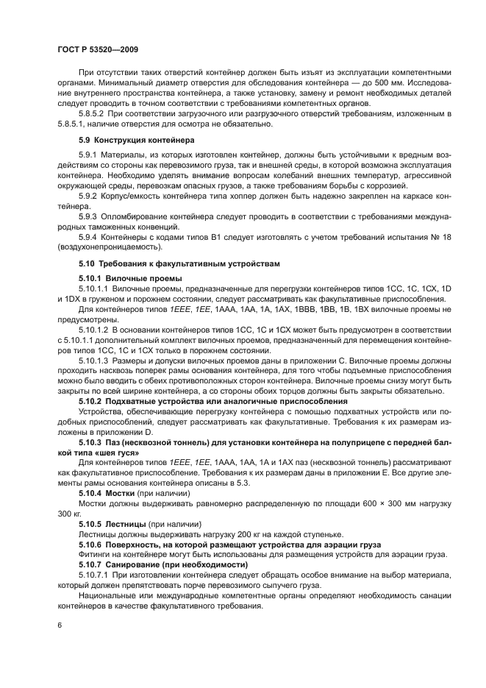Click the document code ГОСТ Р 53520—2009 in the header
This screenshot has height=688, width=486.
(x=97, y=49)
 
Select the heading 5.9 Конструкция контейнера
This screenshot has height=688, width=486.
(x=132, y=139)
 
